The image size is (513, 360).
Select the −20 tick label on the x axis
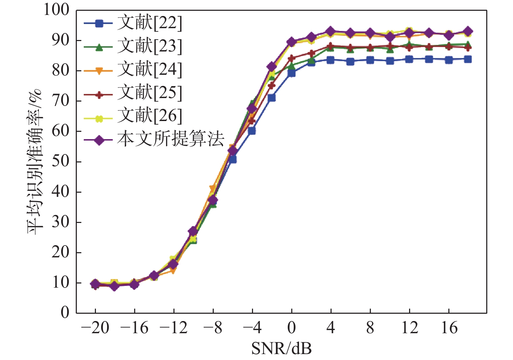coord(95,328)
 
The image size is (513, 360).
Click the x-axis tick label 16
coord(449,328)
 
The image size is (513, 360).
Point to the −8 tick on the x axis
coord(213,328)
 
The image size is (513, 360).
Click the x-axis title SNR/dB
coord(282,349)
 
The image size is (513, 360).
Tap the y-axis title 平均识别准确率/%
coord(35,162)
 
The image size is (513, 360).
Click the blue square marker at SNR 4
coord(331,60)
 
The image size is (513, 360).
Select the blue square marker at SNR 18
coord(468,59)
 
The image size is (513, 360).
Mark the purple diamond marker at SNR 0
coord(292,42)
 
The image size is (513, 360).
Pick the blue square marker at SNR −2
coord(272,98)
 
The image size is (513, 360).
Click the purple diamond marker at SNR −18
coord(114,287)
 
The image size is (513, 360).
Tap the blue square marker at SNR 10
coord(390,61)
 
